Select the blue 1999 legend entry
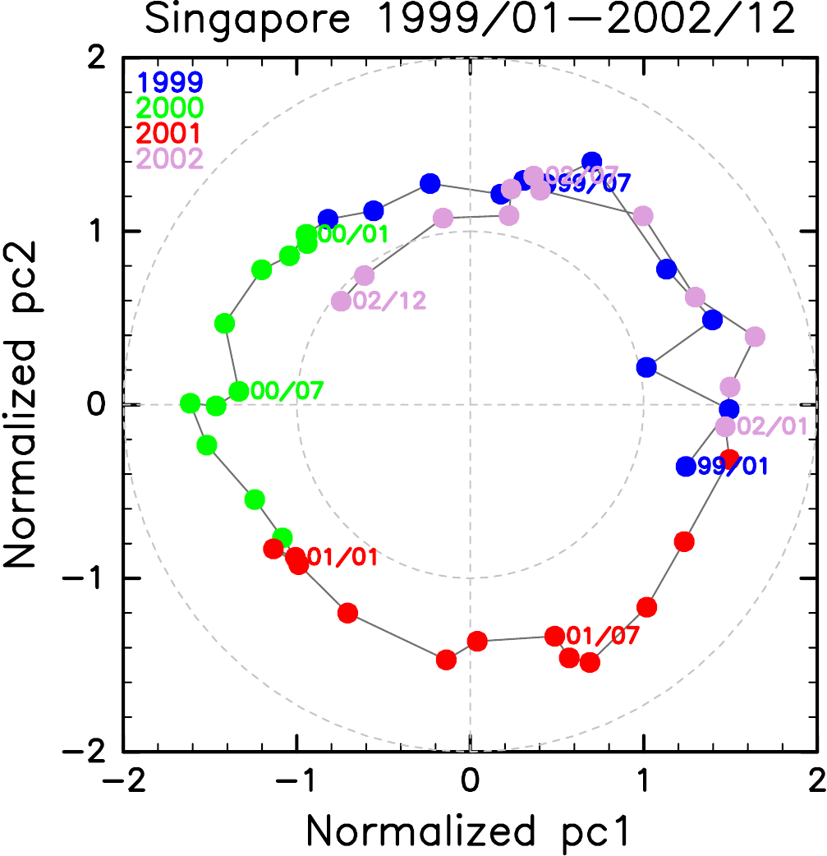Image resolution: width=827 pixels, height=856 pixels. [171, 81]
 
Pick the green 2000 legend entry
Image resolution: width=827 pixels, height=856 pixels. [171, 107]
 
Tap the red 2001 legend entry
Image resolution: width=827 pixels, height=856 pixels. [171, 132]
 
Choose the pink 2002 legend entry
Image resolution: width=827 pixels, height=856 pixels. [171, 158]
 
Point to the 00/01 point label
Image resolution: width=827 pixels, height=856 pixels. [353, 235]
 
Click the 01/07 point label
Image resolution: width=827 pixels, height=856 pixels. [603, 635]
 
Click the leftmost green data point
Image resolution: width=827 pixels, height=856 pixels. [190, 403]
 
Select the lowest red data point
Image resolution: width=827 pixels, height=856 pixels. [590, 662]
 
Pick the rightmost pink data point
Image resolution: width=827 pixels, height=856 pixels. [755, 337]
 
